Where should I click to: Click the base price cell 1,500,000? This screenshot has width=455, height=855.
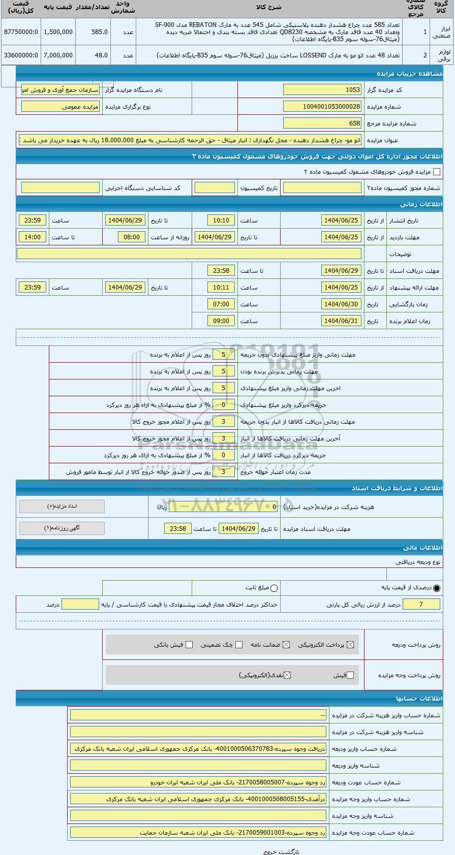click(x=58, y=31)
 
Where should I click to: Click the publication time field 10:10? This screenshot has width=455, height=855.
click(x=221, y=220)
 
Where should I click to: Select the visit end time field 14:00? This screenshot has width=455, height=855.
click(x=33, y=237)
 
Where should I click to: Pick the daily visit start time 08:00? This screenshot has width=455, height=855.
click(x=132, y=237)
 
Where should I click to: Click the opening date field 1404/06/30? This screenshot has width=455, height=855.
click(x=341, y=304)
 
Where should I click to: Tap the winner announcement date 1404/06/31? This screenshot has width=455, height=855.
click(x=341, y=321)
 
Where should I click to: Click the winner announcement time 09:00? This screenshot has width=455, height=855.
click(x=221, y=321)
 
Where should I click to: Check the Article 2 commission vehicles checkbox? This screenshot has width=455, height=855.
click(x=437, y=172)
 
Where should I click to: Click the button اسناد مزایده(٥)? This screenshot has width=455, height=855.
click(x=62, y=506)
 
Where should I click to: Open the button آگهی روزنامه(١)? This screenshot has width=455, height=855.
click(x=62, y=528)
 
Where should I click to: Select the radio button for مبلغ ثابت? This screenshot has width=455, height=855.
click(x=275, y=588)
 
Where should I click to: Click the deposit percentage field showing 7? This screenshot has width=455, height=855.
click(x=420, y=605)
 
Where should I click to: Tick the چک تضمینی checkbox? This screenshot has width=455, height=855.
click(x=239, y=645)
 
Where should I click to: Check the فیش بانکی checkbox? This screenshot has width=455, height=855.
click(x=189, y=645)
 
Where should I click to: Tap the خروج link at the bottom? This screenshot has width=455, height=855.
click(x=269, y=851)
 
